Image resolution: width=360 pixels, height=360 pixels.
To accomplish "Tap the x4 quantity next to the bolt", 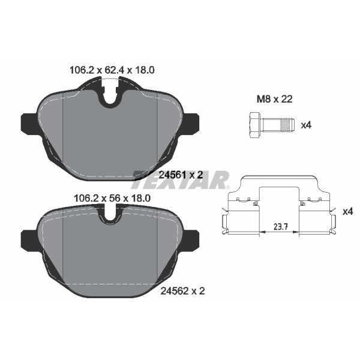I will pyautogui.click(x=306, y=125).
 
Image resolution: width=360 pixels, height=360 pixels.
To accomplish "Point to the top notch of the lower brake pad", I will pyautogui.click(x=110, y=212).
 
